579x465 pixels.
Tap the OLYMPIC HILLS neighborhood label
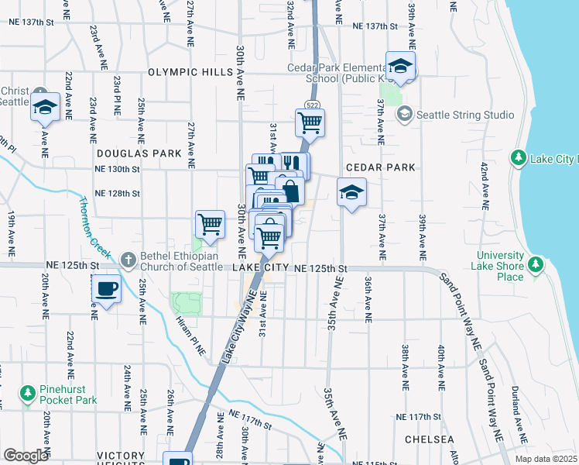(190, 72)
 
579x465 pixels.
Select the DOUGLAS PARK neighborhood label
(139, 154)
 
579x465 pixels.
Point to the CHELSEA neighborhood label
(429, 439)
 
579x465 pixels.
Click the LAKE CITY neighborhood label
(260, 267)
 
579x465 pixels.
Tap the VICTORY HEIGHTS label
(120, 456)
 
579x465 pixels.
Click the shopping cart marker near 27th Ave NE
(211, 224)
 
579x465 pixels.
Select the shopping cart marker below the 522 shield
(310, 121)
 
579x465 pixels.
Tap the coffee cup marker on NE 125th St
(107, 289)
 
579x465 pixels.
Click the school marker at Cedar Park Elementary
(400, 66)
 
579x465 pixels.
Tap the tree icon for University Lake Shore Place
(536, 265)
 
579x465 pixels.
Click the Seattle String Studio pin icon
(403, 115)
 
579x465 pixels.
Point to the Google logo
(26, 455)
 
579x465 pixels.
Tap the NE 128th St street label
(117, 193)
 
